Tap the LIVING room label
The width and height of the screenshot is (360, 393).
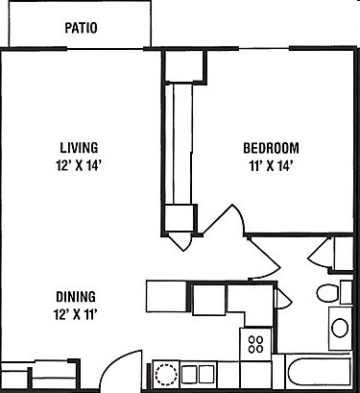[80, 147]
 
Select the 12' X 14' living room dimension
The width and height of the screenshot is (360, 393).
[80, 164]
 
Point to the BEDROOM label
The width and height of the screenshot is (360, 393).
[271, 148]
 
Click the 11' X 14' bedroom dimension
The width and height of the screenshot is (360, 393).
[271, 165]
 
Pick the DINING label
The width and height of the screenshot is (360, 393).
[74, 297]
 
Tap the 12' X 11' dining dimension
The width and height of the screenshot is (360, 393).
[74, 313]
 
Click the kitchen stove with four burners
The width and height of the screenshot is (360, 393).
[256, 343]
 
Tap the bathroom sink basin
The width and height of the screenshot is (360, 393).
[340, 326]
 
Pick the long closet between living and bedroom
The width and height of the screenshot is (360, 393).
[180, 144]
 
